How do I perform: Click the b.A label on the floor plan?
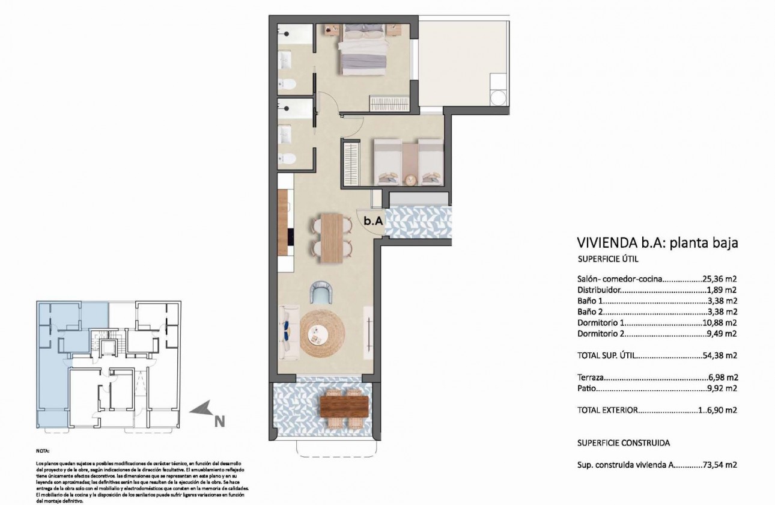[x=373, y=221]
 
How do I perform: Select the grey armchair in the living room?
[x=320, y=293]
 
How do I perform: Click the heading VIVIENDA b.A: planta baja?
[x=657, y=243]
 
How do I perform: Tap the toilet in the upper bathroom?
[x=288, y=84]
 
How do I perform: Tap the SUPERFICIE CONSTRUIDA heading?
[x=623, y=443]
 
